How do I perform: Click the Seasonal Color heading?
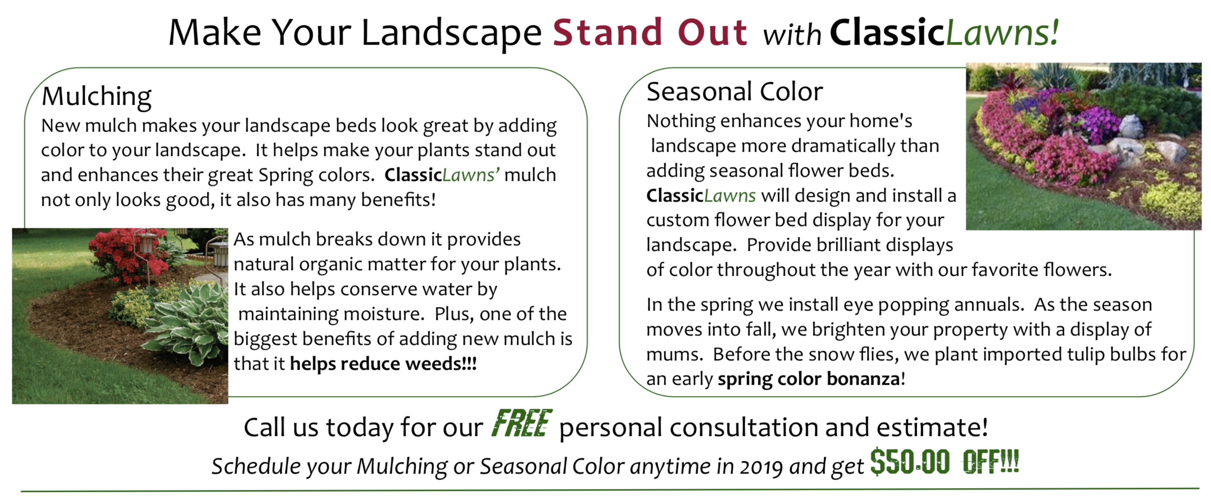(734, 91)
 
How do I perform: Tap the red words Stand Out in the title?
(650, 32)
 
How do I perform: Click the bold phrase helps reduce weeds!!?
(383, 364)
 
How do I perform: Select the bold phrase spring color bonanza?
(809, 379)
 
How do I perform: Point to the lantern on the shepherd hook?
(147, 243)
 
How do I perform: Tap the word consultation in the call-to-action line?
(744, 427)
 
